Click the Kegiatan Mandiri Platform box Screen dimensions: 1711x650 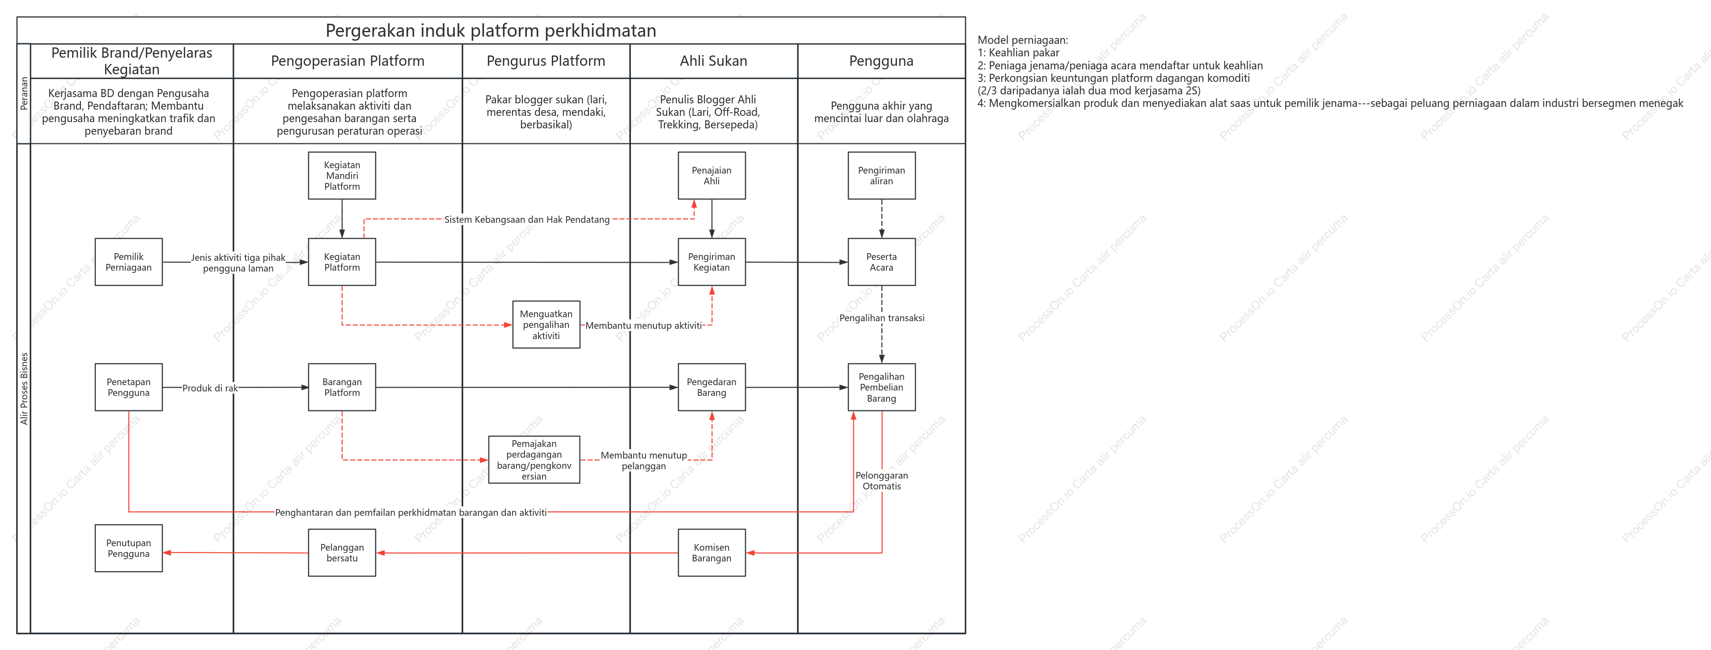tap(342, 175)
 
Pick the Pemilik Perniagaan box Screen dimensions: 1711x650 tap(129, 262)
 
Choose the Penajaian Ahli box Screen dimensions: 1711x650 tap(712, 175)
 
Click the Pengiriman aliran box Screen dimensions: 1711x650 tap(881, 175)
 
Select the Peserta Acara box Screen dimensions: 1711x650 tap(881, 262)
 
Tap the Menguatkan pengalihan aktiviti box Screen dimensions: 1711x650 tap(546, 324)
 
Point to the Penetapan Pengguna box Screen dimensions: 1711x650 tap(129, 387)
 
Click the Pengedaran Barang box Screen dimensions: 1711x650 tap(712, 387)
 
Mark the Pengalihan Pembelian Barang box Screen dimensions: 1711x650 tap(881, 387)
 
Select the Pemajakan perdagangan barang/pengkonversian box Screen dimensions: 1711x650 tap(534, 459)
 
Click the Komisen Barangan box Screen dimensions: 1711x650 tap(712, 552)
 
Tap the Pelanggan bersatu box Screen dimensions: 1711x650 tap(342, 552)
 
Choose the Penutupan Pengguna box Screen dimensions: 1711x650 tap(129, 548)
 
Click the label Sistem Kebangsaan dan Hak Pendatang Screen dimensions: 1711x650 tap(527, 219)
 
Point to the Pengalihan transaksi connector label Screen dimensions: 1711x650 tap(881, 318)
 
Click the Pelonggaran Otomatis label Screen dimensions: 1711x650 tap(881, 480)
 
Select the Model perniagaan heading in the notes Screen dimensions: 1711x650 tap(1023, 40)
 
